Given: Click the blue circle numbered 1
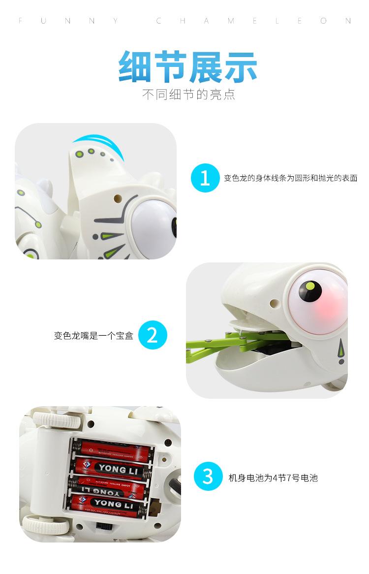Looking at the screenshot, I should tap(205, 178).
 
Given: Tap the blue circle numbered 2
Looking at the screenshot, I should tap(153, 336).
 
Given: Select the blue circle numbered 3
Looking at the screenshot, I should tap(208, 477).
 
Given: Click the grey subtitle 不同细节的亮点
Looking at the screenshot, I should tap(188, 94).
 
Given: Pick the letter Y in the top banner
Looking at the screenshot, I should tap(115, 21).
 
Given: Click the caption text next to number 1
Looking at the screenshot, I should tap(290, 178).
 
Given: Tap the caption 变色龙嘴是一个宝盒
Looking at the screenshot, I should tap(93, 336).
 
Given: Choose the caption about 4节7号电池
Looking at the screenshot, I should tap(273, 478).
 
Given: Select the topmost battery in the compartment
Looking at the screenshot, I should tap(113, 447).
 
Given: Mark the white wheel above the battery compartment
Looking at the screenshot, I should tap(49, 420).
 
